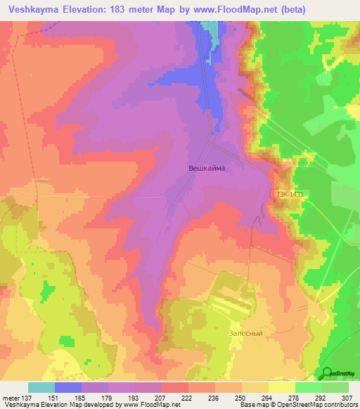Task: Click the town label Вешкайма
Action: click(x=207, y=168)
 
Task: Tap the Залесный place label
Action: click(x=246, y=332)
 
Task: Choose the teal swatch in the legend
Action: click(x=41, y=387)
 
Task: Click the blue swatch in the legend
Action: click(x=68, y=387)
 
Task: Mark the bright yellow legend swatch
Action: click(x=282, y=387)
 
